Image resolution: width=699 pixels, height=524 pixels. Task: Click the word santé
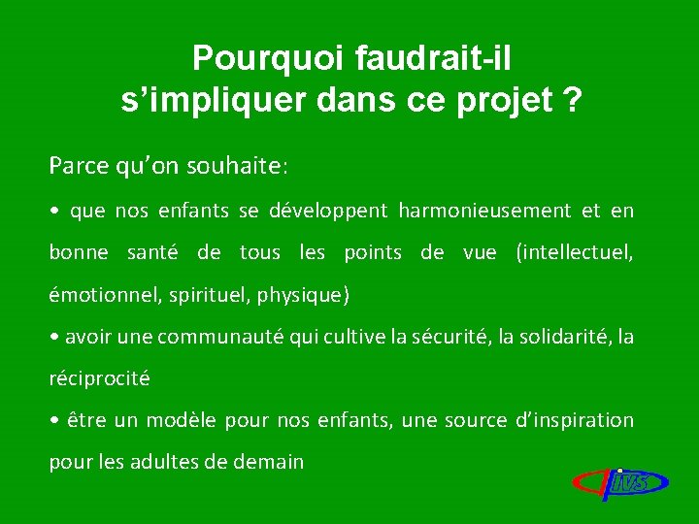151,252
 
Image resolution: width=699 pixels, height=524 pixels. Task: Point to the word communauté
217,337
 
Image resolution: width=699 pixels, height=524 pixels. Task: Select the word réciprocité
100,378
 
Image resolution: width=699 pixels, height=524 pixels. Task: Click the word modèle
183,420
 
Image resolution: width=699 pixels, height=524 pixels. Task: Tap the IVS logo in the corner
620,480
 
